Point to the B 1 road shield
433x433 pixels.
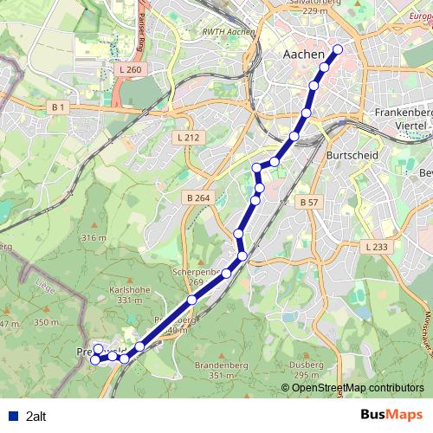tap(58, 107)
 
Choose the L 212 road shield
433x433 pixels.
tap(187, 137)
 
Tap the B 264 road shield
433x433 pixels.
tap(197, 197)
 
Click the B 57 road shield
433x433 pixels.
tap(308, 202)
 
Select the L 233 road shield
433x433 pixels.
tap(377, 247)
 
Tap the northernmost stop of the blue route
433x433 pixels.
tap(337, 49)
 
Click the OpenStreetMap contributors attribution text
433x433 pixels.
tap(352, 388)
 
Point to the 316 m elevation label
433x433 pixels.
tap(92, 237)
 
